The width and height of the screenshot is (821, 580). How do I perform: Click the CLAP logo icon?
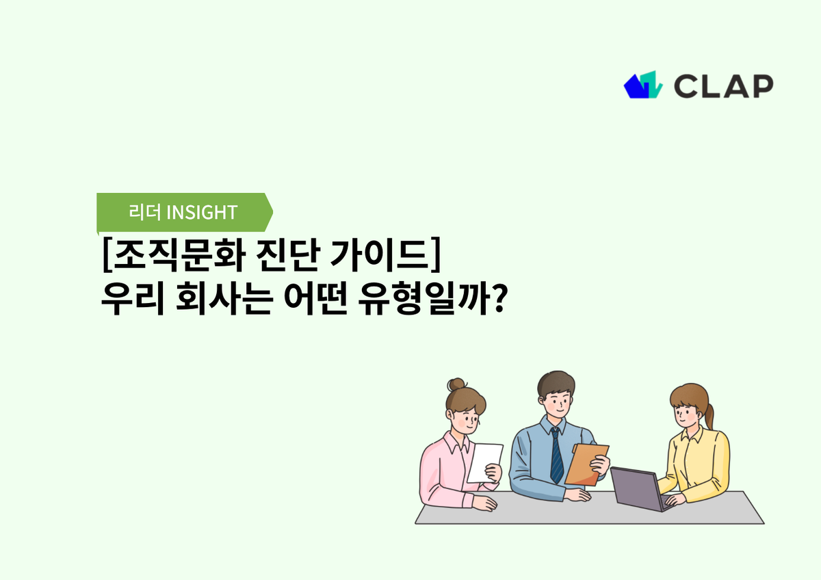(x=643, y=85)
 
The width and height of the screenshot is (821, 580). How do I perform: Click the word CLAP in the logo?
(x=723, y=85)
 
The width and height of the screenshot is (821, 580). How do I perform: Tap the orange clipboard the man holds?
(x=586, y=464)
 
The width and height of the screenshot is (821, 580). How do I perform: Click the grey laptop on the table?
(x=636, y=488)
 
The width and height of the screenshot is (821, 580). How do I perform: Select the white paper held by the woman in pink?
(x=484, y=462)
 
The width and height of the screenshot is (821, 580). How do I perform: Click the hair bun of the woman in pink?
(x=456, y=385)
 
